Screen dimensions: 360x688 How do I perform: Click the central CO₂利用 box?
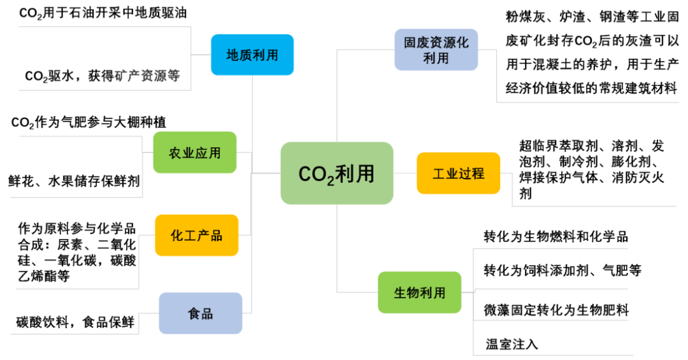[x=337, y=173]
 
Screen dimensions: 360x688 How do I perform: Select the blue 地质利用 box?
[x=252, y=55]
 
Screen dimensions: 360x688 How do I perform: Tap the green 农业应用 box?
[x=195, y=153]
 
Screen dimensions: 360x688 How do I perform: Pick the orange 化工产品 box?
[x=197, y=235]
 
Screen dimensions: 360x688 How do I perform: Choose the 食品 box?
[x=201, y=313]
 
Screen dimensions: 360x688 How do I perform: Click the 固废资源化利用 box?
[x=436, y=50]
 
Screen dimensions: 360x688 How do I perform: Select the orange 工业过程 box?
[x=458, y=173]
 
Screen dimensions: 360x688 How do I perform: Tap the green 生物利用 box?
[x=419, y=292]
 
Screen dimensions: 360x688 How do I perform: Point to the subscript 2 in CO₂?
[x=331, y=181]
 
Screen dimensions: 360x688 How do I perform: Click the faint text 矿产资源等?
[x=147, y=76]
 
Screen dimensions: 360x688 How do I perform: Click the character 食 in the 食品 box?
[x=194, y=313]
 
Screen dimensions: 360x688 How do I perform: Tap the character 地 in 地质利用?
[x=233, y=55]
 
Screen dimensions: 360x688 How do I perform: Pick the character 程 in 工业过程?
[x=478, y=173]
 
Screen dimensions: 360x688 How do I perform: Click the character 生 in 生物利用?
[x=400, y=293]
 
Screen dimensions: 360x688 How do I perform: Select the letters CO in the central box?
[x=312, y=174]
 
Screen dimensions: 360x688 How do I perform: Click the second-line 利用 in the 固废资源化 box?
[x=436, y=58]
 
